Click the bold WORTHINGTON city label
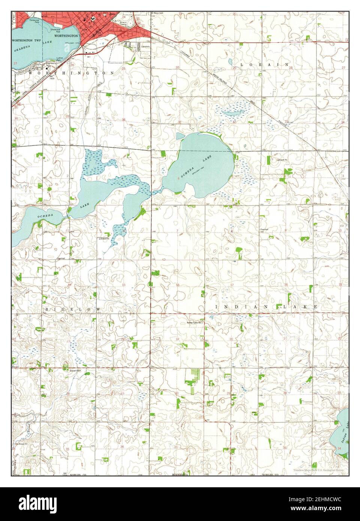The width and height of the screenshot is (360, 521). point(66,36)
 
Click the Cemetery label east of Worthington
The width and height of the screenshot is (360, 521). point(146,46)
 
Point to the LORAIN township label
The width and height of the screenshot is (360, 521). point(264,64)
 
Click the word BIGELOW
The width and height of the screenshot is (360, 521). point(73,308)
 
